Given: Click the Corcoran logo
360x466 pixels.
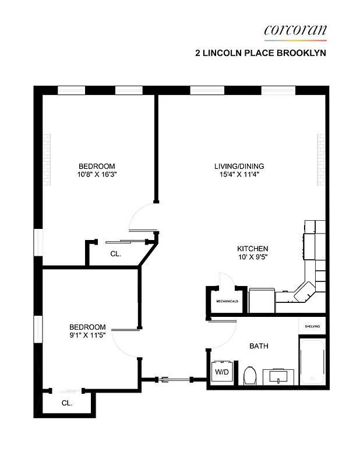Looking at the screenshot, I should click(295, 30).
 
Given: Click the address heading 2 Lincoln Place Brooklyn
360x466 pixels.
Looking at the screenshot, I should click(260, 52).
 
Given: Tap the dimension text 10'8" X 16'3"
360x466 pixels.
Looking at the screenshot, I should click(97, 174).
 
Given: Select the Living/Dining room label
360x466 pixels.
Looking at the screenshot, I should click(235, 166).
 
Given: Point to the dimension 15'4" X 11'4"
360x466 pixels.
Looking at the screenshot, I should click(235, 174).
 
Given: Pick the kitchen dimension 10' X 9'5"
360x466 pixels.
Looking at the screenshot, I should click(252, 256).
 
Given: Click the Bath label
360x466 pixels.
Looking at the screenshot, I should click(259, 346).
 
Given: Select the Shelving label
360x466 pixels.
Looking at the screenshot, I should click(312, 326).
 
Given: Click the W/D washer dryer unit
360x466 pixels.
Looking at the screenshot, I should click(222, 371).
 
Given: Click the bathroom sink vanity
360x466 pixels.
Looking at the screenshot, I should click(280, 377).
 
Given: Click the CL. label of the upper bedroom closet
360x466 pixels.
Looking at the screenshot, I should click(115, 253).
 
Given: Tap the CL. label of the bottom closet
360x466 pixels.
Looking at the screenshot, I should click(68, 403).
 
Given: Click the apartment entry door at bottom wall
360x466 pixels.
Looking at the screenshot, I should click(175, 380).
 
